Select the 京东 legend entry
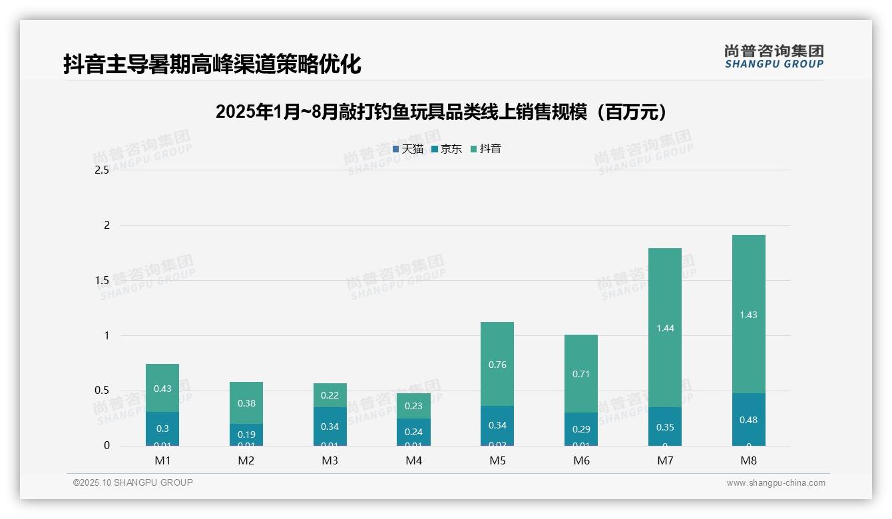(x=446, y=149)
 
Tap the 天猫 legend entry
(x=407, y=149)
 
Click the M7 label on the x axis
(x=664, y=460)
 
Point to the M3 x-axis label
(x=330, y=460)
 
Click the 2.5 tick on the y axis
(x=102, y=170)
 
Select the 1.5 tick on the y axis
(x=102, y=280)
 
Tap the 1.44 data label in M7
(x=665, y=328)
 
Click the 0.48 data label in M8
(x=749, y=420)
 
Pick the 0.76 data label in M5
(x=497, y=364)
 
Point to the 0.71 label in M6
(x=581, y=374)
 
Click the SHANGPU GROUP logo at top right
(x=774, y=57)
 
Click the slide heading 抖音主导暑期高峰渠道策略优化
(x=212, y=65)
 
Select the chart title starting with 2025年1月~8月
(x=441, y=112)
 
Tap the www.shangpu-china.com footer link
(x=776, y=483)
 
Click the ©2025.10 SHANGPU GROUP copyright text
(x=133, y=482)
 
